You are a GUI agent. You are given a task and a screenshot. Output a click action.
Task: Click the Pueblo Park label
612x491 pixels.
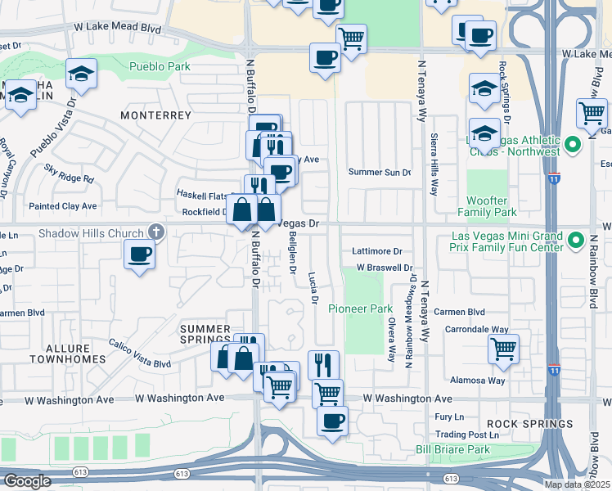click(x=160, y=65)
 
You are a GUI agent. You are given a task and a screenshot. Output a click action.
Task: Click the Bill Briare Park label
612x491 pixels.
click(x=452, y=449)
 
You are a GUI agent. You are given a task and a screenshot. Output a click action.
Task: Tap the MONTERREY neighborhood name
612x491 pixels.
click(x=155, y=115)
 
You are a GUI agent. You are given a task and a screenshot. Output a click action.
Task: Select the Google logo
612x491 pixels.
click(x=27, y=481)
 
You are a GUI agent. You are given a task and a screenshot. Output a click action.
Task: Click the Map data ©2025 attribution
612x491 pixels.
click(x=576, y=484)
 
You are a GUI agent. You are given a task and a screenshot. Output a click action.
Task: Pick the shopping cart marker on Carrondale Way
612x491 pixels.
click(x=504, y=349)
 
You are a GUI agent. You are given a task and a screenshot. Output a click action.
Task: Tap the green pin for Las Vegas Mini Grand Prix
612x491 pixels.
click(x=576, y=241)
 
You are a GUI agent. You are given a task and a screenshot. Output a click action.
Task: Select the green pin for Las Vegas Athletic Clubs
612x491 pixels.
click(x=573, y=146)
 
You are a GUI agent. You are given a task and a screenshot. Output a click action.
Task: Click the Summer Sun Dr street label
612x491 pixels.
click(x=379, y=172)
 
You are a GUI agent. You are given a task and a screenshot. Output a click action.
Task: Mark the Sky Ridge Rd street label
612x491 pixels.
click(x=70, y=174)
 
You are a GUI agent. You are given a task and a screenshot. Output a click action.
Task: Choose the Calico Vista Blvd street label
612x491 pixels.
click(x=140, y=364)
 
